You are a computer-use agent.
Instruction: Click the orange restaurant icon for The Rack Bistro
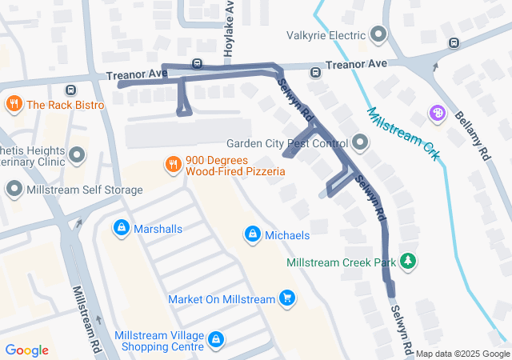[x=14, y=104]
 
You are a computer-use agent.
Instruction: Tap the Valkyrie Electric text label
[x=326, y=34]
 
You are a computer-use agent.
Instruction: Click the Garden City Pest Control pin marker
[x=360, y=144]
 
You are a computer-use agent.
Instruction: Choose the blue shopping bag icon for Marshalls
[x=121, y=228]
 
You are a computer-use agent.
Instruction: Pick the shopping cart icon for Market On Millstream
[x=287, y=299]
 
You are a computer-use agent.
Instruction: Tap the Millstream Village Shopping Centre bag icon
[x=215, y=340]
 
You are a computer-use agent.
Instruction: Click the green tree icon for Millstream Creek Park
[x=409, y=262]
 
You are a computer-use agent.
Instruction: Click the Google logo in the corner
[x=27, y=350]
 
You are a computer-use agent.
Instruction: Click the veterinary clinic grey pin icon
[x=77, y=154]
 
